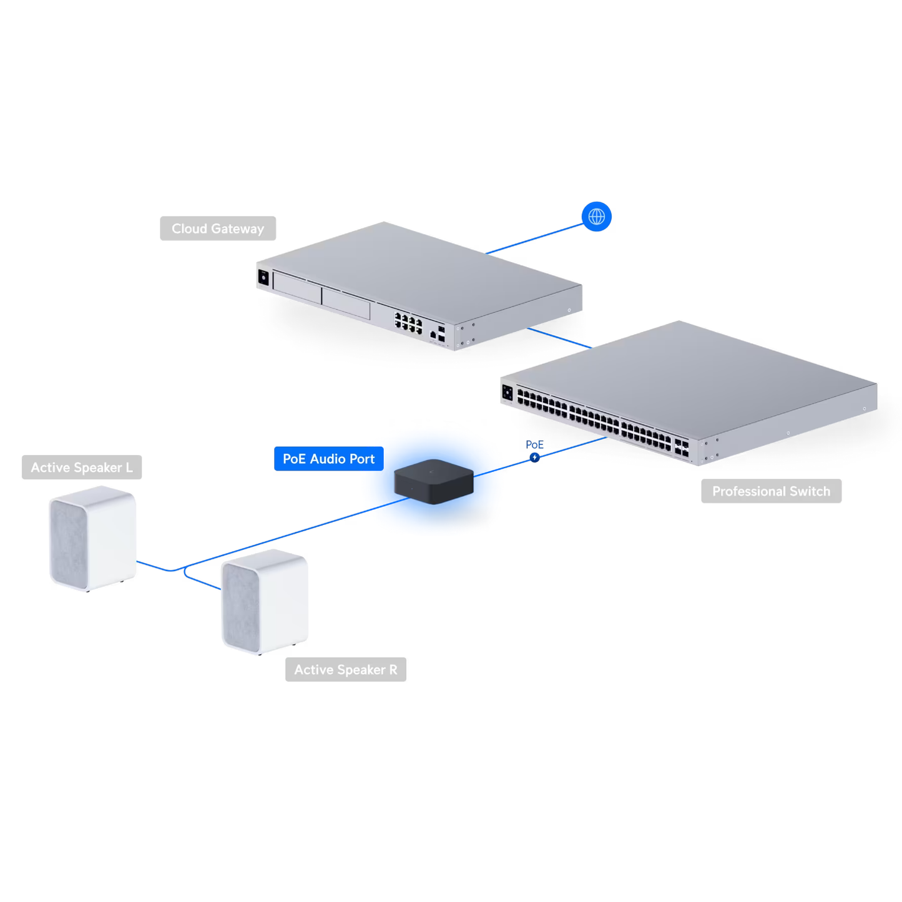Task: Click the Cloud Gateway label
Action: click(217, 228)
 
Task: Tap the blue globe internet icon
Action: click(596, 217)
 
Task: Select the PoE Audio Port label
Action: click(328, 459)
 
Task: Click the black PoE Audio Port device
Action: click(434, 481)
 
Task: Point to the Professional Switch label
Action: click(771, 491)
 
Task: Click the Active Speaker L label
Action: click(82, 468)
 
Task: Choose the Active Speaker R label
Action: click(345, 670)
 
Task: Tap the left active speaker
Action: click(92, 538)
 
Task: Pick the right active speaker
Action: click(265, 602)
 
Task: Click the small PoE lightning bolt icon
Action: click(535, 458)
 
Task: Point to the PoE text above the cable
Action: click(534, 444)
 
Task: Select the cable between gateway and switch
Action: click(559, 338)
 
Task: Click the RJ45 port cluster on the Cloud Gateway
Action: click(408, 323)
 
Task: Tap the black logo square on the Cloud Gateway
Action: click(263, 277)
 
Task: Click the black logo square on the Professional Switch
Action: click(507, 393)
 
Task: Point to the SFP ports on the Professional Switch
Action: click(682, 447)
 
